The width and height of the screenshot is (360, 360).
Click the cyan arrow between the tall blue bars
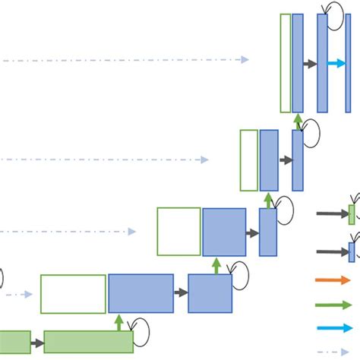336,64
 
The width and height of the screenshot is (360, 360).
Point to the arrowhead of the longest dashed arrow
245,60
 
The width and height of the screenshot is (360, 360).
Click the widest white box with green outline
73,294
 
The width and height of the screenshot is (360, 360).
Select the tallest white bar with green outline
285,63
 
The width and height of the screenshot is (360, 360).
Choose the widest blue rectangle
141,294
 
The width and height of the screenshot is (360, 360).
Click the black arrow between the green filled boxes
37,343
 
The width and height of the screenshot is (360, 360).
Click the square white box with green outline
178,232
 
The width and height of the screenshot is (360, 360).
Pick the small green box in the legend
352,215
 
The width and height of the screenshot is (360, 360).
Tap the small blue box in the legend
352,251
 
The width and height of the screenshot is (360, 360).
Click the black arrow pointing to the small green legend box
332,215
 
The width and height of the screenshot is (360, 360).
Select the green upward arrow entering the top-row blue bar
298,122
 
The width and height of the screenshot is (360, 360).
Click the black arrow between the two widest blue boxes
181,292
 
